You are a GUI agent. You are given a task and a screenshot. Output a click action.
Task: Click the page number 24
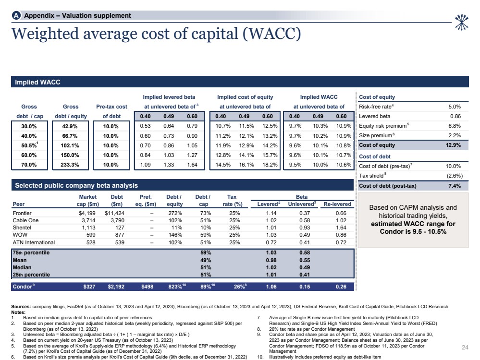coord(465,347)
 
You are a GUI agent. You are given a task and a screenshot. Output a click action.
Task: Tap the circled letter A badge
coord(16,16)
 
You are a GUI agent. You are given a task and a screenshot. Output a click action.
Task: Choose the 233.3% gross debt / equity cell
coord(71,164)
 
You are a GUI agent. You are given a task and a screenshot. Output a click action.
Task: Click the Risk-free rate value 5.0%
coord(454,107)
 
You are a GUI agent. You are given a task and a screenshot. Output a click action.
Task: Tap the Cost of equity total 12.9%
coord(453,145)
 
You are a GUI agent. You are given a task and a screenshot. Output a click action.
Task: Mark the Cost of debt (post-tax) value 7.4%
coord(454,186)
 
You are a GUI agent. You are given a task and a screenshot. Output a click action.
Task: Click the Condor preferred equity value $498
coord(148,286)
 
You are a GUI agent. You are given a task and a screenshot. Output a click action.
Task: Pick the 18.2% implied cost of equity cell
coord(270,164)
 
